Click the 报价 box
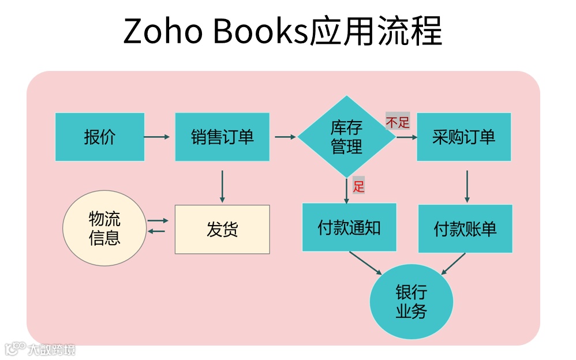[100, 137]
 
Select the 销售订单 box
[222, 137]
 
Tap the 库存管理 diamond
[346, 137]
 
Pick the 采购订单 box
[463, 137]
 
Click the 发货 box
[222, 229]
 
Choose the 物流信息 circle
[104, 228]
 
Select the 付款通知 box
[349, 227]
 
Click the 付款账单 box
[465, 228]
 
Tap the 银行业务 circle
[411, 301]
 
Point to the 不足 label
[398, 122]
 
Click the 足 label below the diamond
[359, 186]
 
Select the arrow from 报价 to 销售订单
[157, 137]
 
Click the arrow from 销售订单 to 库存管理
[285, 137]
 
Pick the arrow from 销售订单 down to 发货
[222, 186]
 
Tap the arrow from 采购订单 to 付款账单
[467, 186]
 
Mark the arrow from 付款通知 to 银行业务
[365, 263]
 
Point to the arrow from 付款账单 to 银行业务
[453, 263]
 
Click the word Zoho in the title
[163, 32]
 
